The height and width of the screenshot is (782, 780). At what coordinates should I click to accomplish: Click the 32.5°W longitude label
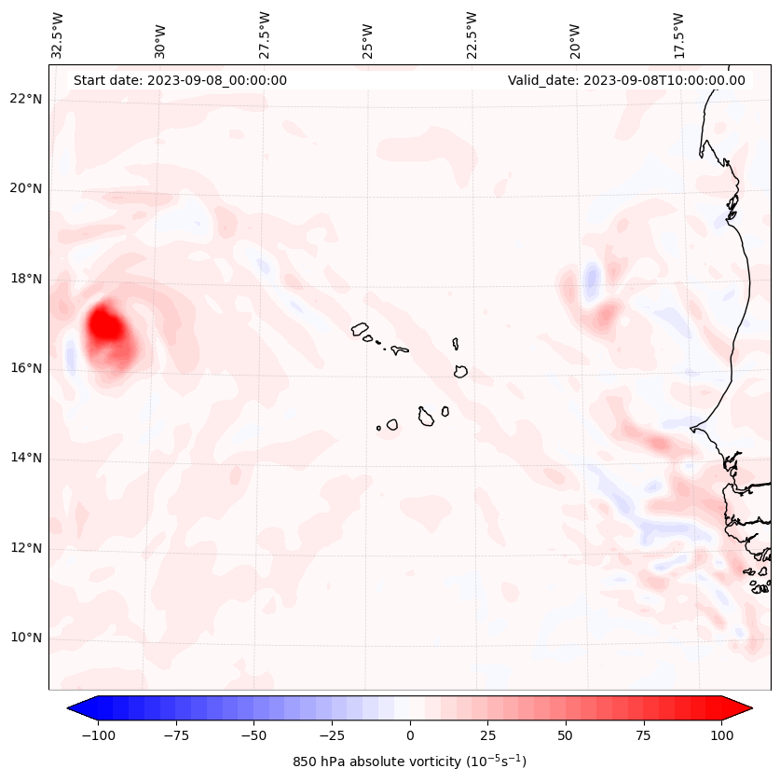tap(58, 35)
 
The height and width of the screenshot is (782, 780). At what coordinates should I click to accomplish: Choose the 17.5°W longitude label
tap(678, 35)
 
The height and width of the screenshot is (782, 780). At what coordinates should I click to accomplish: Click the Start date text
tap(180, 80)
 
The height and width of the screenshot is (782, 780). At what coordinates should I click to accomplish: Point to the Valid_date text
tap(626, 80)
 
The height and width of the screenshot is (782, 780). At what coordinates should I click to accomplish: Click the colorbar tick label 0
tap(410, 735)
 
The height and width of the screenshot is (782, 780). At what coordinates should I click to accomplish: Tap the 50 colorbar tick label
tap(566, 735)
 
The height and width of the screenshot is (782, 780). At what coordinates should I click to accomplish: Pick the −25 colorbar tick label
tap(332, 735)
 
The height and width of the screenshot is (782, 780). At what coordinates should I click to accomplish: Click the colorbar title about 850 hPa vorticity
tap(410, 761)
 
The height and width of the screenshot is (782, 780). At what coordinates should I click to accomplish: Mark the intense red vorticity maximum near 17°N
tap(105, 325)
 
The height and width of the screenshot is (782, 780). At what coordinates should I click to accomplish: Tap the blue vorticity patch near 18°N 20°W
tap(592, 278)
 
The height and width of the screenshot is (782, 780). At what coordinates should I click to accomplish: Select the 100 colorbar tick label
tap(721, 735)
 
